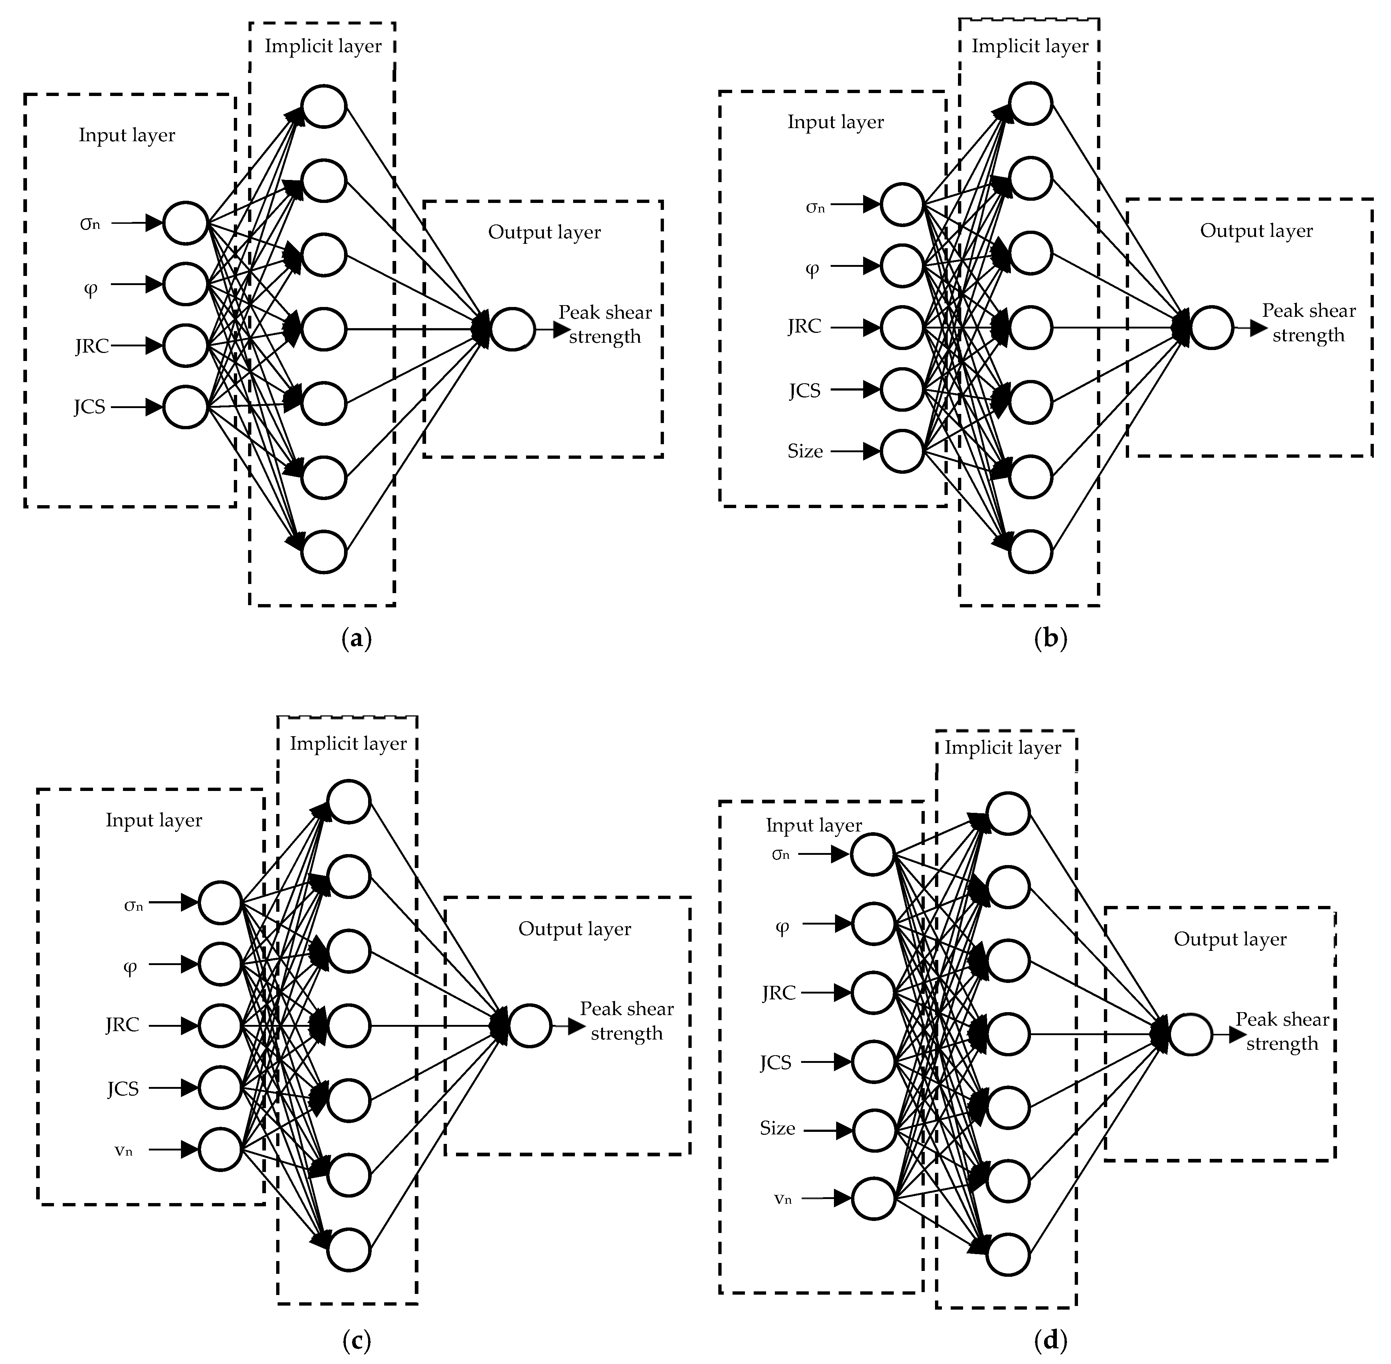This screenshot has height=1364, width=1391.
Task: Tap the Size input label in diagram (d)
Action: [777, 1128]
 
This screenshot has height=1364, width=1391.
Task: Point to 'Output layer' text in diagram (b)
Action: [1256, 231]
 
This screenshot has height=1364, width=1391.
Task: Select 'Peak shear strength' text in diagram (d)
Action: [1282, 1031]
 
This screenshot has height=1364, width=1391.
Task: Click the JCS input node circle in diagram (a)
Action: [186, 407]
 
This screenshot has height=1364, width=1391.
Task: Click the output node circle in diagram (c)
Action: [530, 1026]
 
